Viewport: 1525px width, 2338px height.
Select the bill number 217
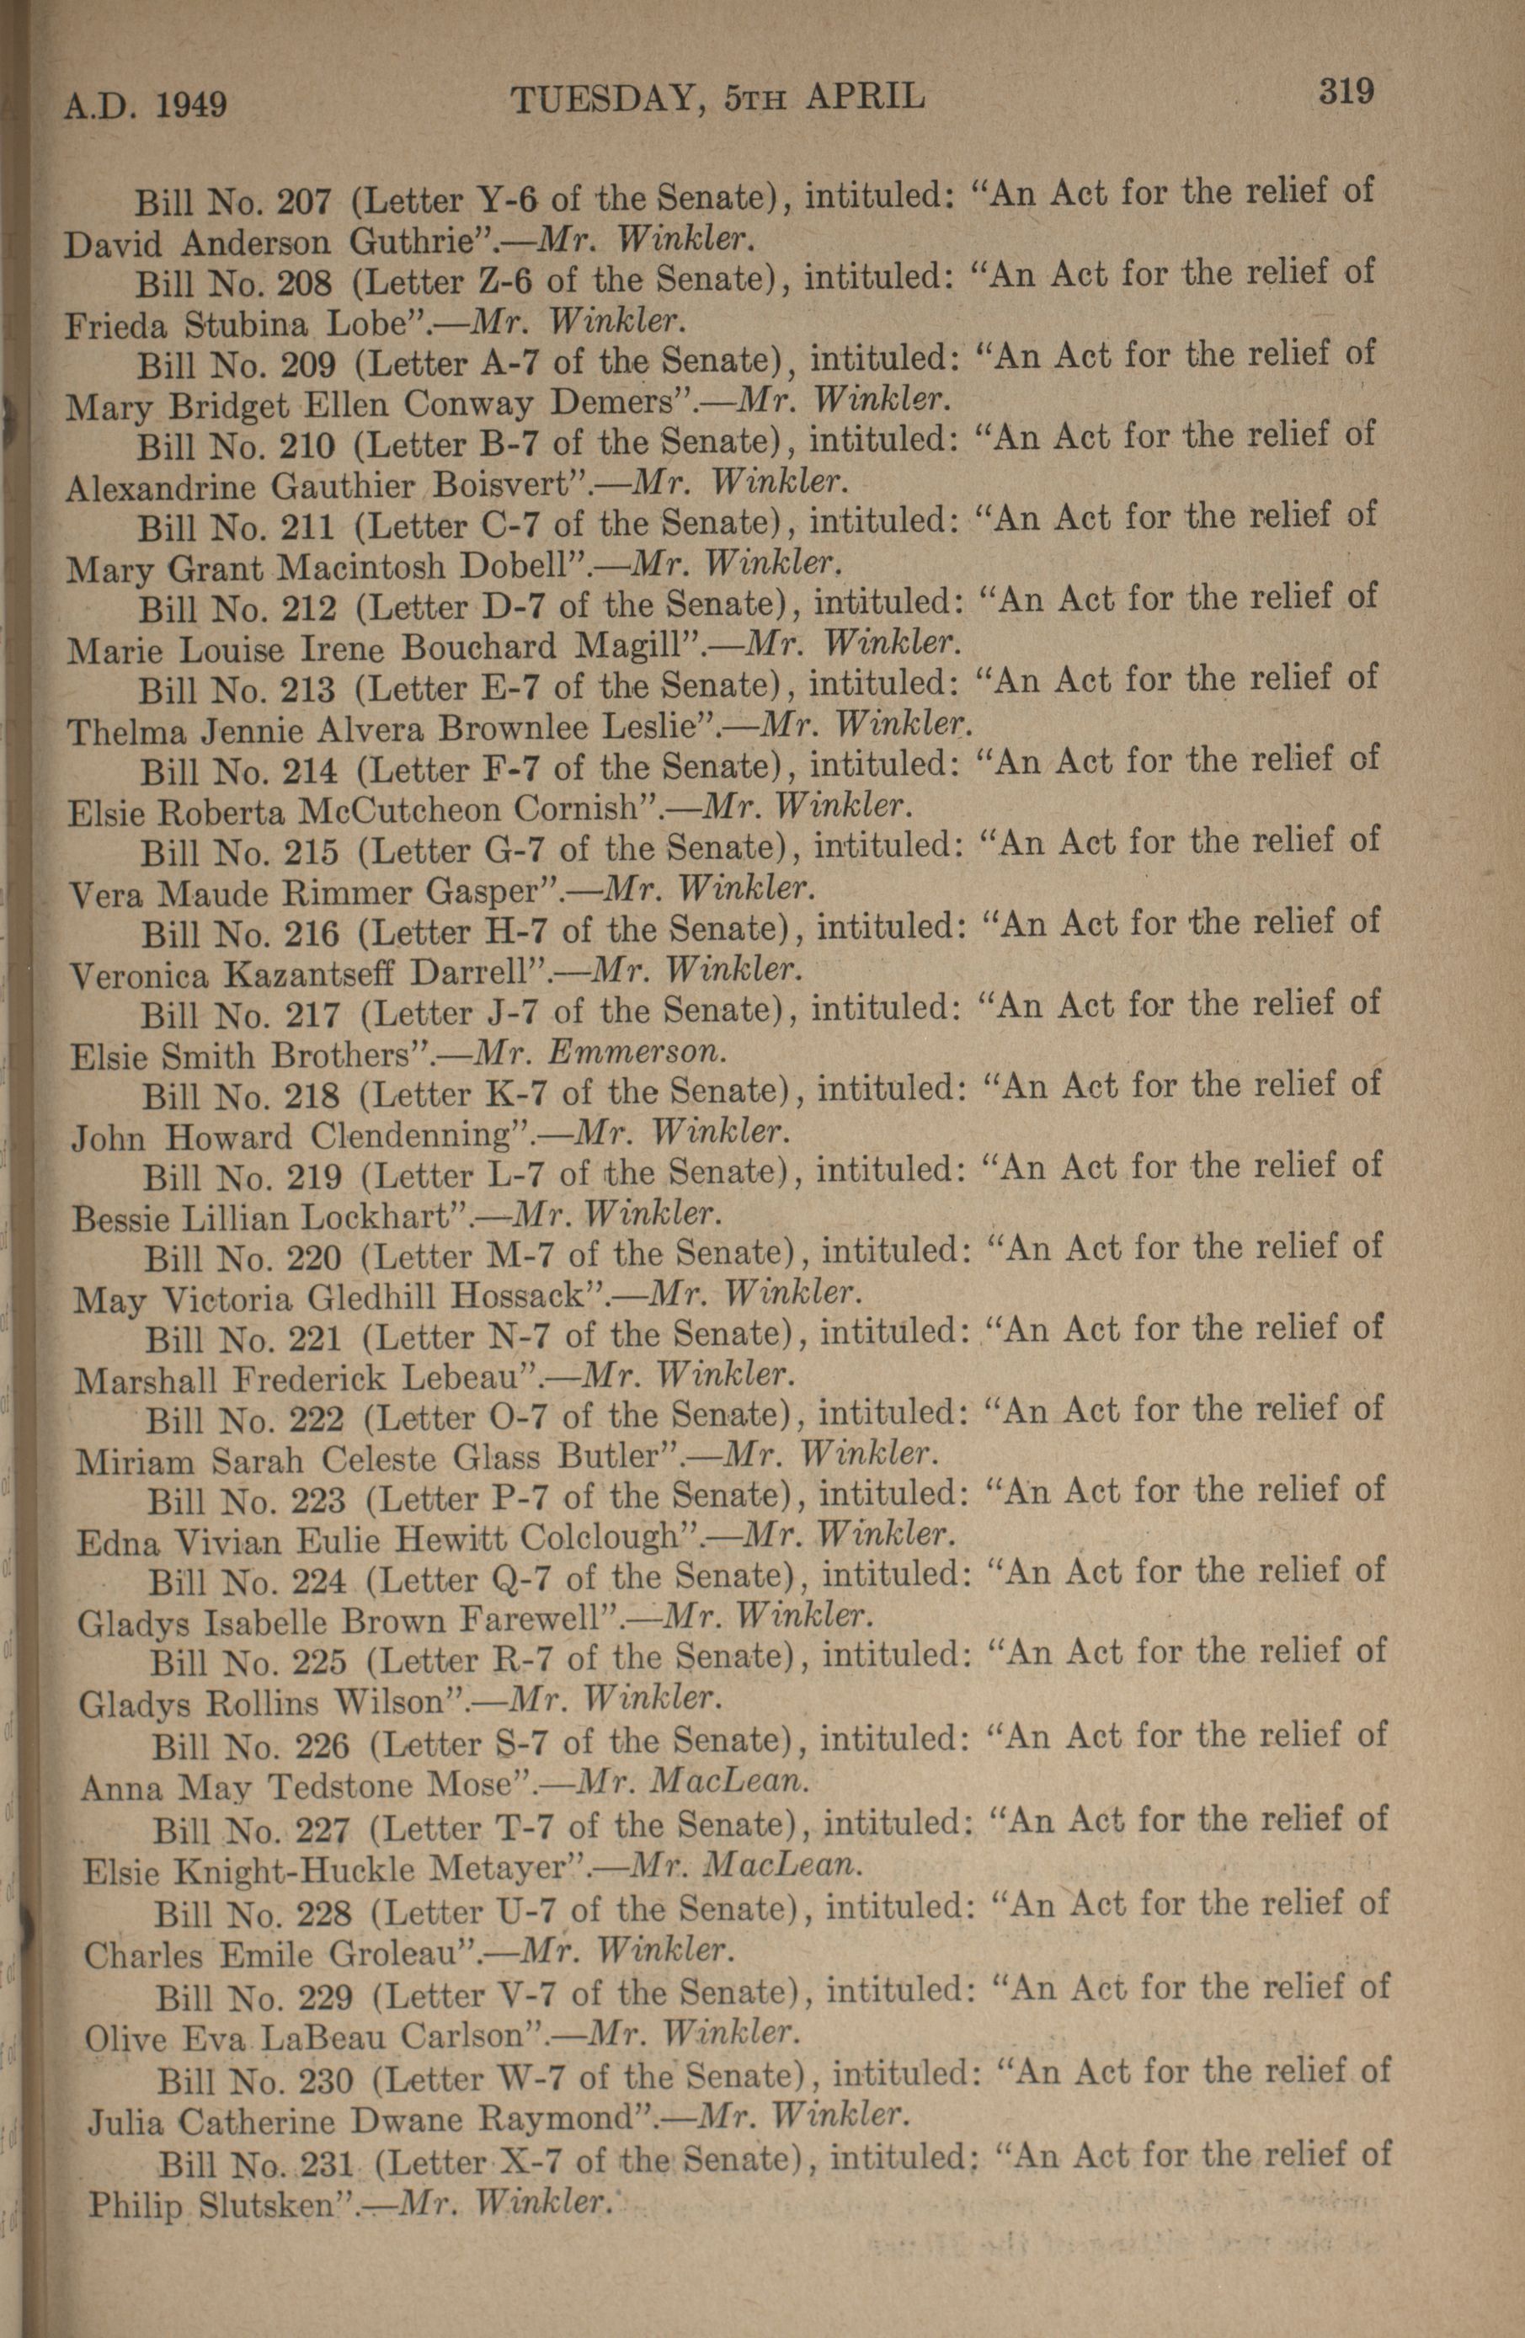pyautogui.click(x=310, y=1014)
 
